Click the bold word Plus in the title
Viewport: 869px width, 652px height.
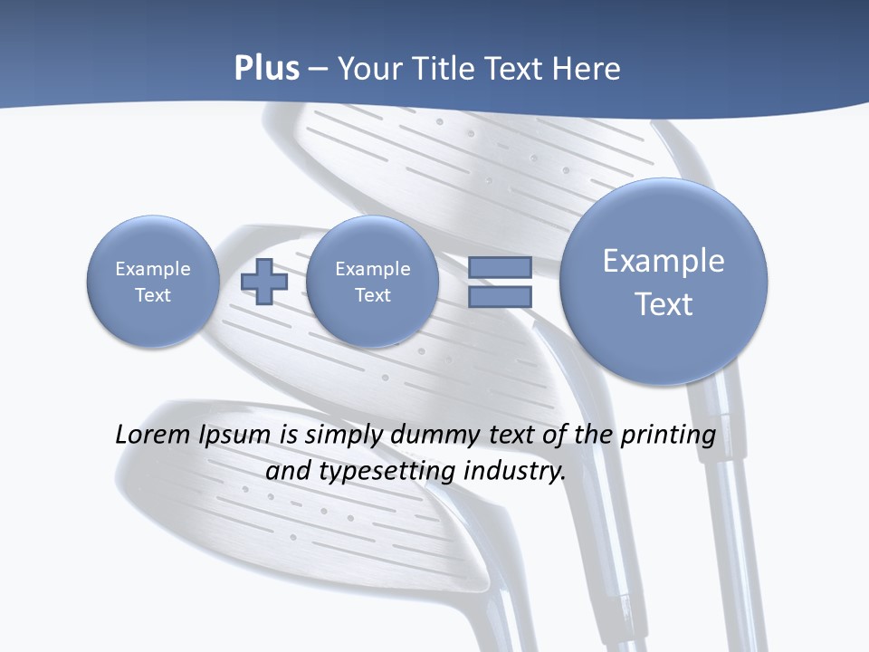(266, 69)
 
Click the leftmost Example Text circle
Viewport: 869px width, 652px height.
(152, 282)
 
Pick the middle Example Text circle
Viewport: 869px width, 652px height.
(372, 282)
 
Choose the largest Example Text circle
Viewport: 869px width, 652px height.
(664, 282)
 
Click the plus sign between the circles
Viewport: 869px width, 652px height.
(263, 282)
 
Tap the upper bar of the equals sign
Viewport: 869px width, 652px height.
(499, 267)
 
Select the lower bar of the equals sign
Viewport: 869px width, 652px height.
(499, 296)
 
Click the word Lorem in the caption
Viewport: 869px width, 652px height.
(154, 435)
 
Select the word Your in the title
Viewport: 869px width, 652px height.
(368, 69)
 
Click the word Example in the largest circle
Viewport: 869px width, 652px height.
(664, 261)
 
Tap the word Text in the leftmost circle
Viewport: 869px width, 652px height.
(152, 295)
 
